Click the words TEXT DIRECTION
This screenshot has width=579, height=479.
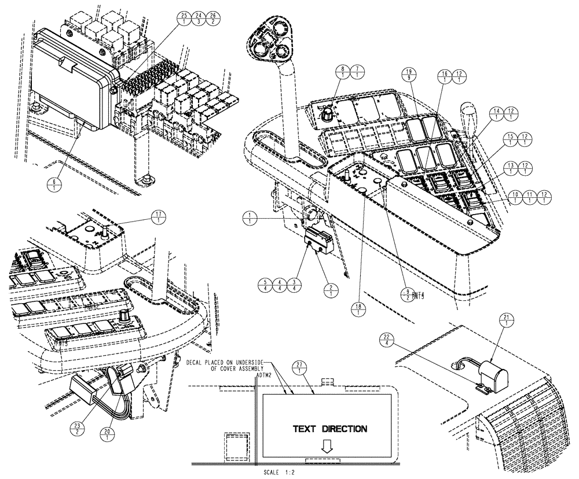coord(329,429)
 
